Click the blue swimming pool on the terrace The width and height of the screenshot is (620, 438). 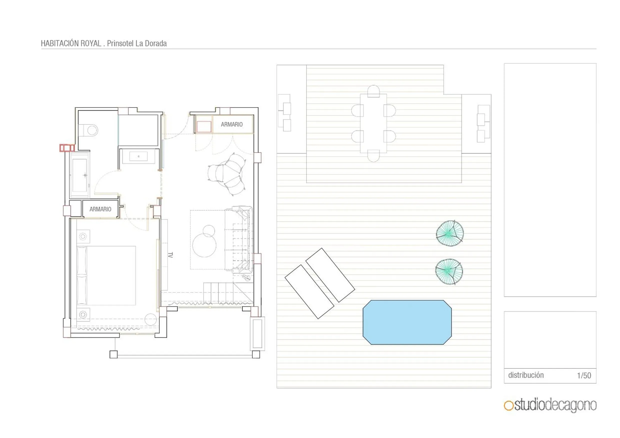pos(407,322)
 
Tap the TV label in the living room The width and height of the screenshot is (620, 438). pos(170,255)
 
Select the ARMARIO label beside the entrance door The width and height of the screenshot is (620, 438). pos(232,124)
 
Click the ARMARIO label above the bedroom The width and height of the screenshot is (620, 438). pos(100,209)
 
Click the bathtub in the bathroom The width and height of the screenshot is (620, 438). pos(79,175)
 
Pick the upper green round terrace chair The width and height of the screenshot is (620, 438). pos(450,233)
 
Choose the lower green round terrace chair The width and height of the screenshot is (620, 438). pos(449,272)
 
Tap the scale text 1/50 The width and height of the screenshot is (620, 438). pos(584,375)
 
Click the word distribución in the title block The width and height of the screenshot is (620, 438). pos(526,375)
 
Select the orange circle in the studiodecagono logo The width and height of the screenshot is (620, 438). pos(509,406)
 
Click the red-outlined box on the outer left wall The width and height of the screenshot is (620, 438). pos(67,148)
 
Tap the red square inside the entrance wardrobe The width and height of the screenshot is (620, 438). pos(204,127)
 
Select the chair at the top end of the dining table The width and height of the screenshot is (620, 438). pos(373,91)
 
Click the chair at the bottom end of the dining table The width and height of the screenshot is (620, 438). pos(373,156)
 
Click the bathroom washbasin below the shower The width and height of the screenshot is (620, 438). pos(138,156)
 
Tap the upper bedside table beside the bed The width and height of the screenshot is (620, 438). pos(83,237)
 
